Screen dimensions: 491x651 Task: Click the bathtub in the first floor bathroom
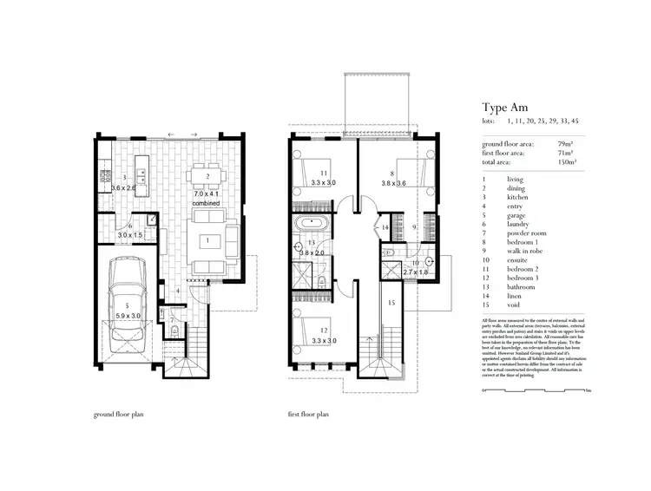pyautogui.click(x=311, y=227)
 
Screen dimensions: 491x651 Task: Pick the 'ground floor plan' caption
pyautogui.click(x=118, y=415)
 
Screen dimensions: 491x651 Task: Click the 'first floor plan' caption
pyautogui.click(x=310, y=415)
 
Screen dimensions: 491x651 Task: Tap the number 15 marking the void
pyautogui.click(x=391, y=303)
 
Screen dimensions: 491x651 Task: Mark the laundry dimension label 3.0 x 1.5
pyautogui.click(x=129, y=234)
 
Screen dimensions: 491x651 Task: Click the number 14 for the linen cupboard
pyautogui.click(x=386, y=227)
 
